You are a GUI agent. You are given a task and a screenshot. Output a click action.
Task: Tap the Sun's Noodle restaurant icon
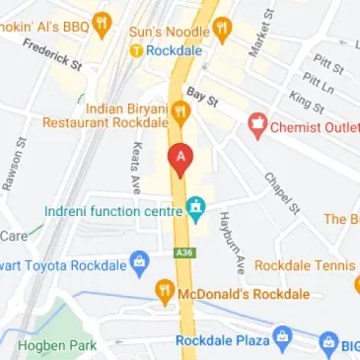tap(224, 29)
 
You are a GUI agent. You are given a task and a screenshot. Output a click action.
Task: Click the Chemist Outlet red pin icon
tap(257, 125)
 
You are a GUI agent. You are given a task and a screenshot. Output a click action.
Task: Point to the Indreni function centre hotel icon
tap(195, 210)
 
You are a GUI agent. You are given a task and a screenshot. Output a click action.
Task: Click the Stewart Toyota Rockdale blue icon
tap(138, 263)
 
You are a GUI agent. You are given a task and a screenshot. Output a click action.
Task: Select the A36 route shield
tap(182, 252)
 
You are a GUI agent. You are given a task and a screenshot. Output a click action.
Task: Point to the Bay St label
tap(200, 96)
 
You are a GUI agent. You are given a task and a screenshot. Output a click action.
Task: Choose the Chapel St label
tap(281, 192)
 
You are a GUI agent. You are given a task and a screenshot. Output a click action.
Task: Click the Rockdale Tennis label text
tap(304, 265)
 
